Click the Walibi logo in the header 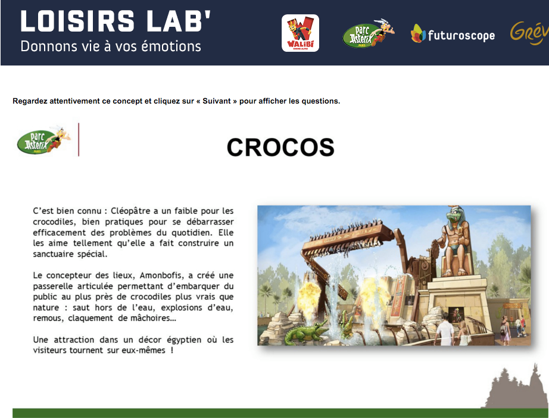click(300, 33)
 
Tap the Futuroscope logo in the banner click(453, 34)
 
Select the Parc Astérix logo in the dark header click(369, 33)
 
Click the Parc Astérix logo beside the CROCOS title click(43, 140)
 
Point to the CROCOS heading click(280, 147)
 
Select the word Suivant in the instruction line click(216, 101)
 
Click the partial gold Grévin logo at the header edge click(529, 33)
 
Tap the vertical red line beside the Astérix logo click(79, 139)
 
